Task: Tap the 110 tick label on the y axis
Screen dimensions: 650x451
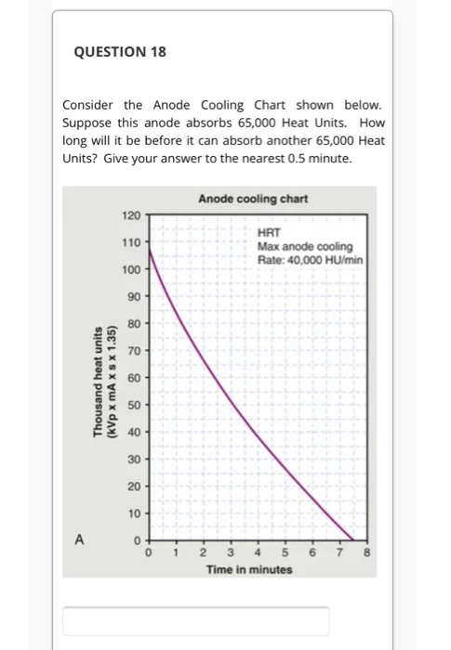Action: pos(131,242)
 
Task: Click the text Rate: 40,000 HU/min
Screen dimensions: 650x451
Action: pos(310,259)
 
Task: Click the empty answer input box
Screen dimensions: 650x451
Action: pos(195,620)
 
